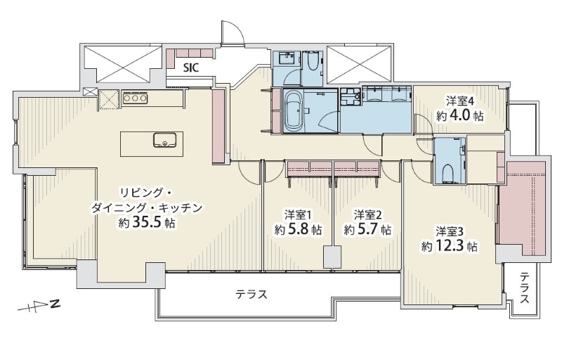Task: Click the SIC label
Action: point(191,68)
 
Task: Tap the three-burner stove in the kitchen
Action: point(133,98)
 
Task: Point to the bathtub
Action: point(294,110)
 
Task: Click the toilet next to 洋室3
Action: point(447,172)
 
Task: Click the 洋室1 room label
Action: point(298,214)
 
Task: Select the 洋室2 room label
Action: point(367,214)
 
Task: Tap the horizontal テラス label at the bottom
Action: point(251,294)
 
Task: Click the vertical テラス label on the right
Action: point(525,288)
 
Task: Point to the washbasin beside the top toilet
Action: point(287,58)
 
